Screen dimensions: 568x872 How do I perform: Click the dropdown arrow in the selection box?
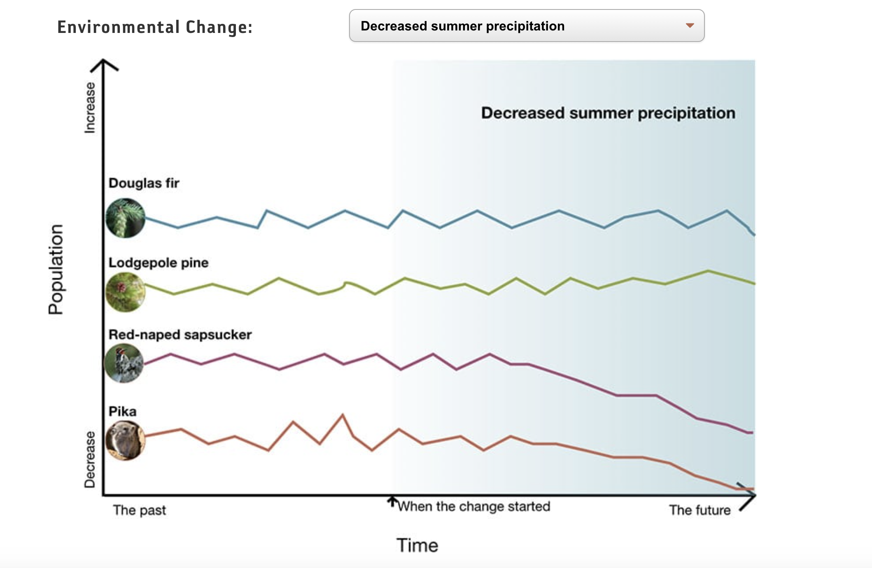(690, 26)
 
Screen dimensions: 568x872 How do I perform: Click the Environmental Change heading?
(155, 27)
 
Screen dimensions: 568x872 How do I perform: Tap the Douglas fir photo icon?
(125, 218)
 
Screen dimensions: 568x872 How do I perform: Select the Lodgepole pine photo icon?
(125, 292)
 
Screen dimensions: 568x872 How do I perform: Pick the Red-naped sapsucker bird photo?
(124, 363)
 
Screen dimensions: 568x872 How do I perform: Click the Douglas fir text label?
(144, 183)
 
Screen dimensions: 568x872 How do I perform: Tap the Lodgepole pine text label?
(159, 263)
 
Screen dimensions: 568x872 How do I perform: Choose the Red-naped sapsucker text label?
(180, 335)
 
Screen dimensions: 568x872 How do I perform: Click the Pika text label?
(122, 412)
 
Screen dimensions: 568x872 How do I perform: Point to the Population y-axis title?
(56, 270)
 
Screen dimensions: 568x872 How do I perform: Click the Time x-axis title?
(417, 545)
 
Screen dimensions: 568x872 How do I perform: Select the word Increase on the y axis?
(90, 108)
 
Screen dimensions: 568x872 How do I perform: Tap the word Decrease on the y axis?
(90, 459)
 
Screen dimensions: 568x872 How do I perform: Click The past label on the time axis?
(140, 510)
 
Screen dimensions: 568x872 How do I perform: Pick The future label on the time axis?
(699, 510)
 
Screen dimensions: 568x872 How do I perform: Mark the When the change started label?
(474, 506)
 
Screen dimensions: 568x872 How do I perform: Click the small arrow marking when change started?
(392, 501)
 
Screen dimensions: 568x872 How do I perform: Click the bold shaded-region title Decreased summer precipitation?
(608, 113)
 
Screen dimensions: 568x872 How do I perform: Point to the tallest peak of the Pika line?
(343, 415)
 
